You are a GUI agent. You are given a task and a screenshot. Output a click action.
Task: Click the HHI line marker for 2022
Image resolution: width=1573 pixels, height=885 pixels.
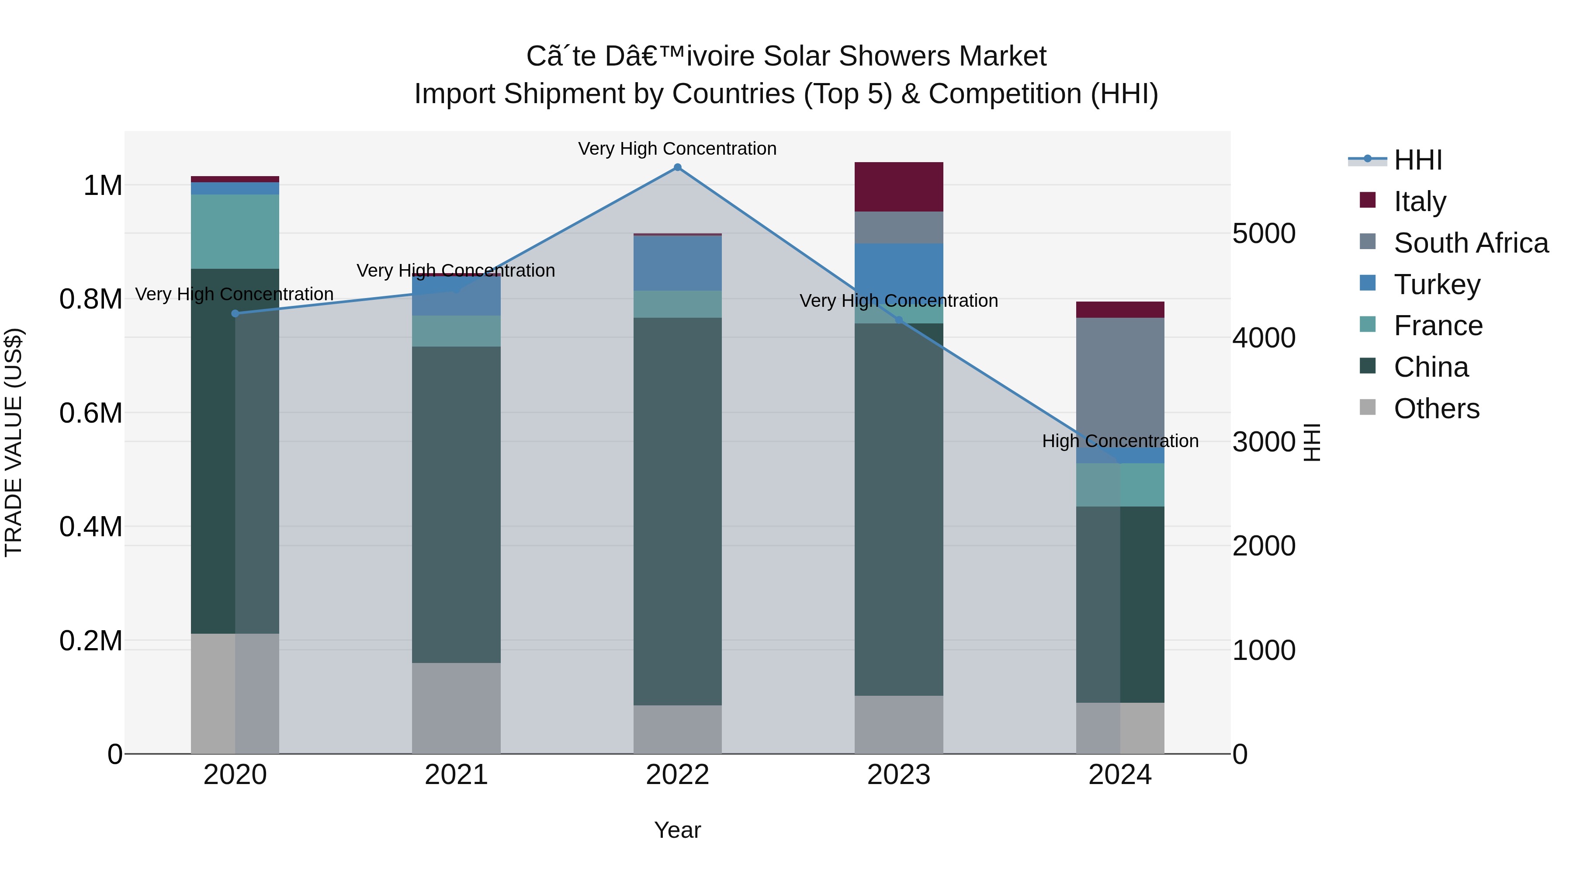pos(677,167)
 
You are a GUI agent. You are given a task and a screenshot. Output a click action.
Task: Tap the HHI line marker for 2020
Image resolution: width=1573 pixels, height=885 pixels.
pos(235,313)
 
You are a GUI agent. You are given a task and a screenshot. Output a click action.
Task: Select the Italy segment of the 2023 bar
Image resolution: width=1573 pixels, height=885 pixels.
pos(898,187)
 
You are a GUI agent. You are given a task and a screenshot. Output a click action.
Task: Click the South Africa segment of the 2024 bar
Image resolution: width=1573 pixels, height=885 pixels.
pos(1120,382)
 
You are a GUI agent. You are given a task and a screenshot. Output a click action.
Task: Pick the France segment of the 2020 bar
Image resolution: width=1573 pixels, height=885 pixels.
pos(235,232)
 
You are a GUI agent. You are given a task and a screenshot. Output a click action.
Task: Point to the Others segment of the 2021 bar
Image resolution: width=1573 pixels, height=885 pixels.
pos(456,708)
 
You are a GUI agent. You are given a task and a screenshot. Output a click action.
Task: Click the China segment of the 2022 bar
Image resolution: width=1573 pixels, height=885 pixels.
pos(677,511)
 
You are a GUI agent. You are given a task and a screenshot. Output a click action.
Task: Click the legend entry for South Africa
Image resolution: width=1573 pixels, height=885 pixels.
pos(1470,243)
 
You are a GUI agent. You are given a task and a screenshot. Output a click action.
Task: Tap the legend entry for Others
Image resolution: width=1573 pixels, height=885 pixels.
pos(1436,409)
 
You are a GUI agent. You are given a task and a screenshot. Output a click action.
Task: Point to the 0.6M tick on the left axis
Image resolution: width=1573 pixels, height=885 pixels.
pos(90,413)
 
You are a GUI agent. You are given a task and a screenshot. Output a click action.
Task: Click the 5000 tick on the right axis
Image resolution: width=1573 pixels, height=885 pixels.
pos(1263,234)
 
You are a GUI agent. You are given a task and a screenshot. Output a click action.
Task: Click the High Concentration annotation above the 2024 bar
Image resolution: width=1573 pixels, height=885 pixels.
pos(1120,441)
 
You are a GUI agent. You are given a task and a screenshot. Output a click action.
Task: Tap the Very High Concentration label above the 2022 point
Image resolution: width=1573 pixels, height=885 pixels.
pos(677,149)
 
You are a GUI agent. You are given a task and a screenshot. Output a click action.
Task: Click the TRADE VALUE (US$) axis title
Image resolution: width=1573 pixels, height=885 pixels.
pos(14,442)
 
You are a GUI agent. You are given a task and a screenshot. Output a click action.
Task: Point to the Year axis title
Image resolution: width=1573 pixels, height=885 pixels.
pos(677,830)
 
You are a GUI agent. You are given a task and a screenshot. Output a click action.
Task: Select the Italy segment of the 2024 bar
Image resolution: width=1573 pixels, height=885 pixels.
pos(1120,310)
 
